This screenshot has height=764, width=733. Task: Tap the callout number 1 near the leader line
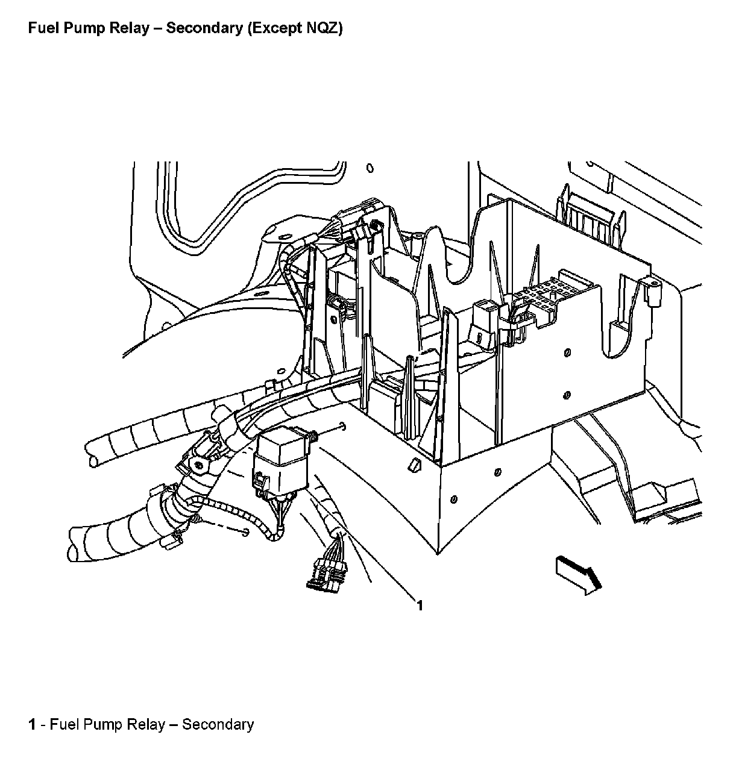coord(420,606)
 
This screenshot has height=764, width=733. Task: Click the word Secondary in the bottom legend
coord(218,724)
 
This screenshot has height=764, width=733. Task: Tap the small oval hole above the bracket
coord(370,168)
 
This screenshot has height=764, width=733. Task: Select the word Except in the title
coord(272,28)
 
